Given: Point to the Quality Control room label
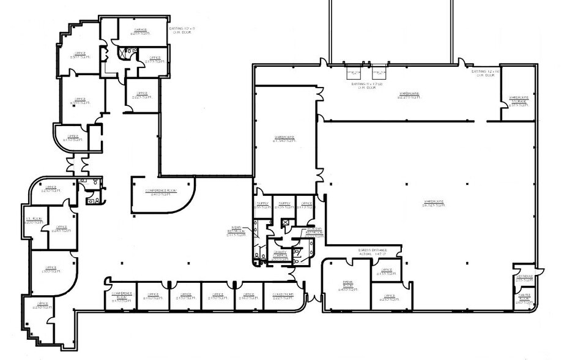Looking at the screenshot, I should [x=280, y=257].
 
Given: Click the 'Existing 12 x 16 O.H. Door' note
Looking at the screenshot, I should [x=486, y=74].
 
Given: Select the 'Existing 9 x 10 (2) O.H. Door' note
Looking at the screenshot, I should [x=370, y=85].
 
